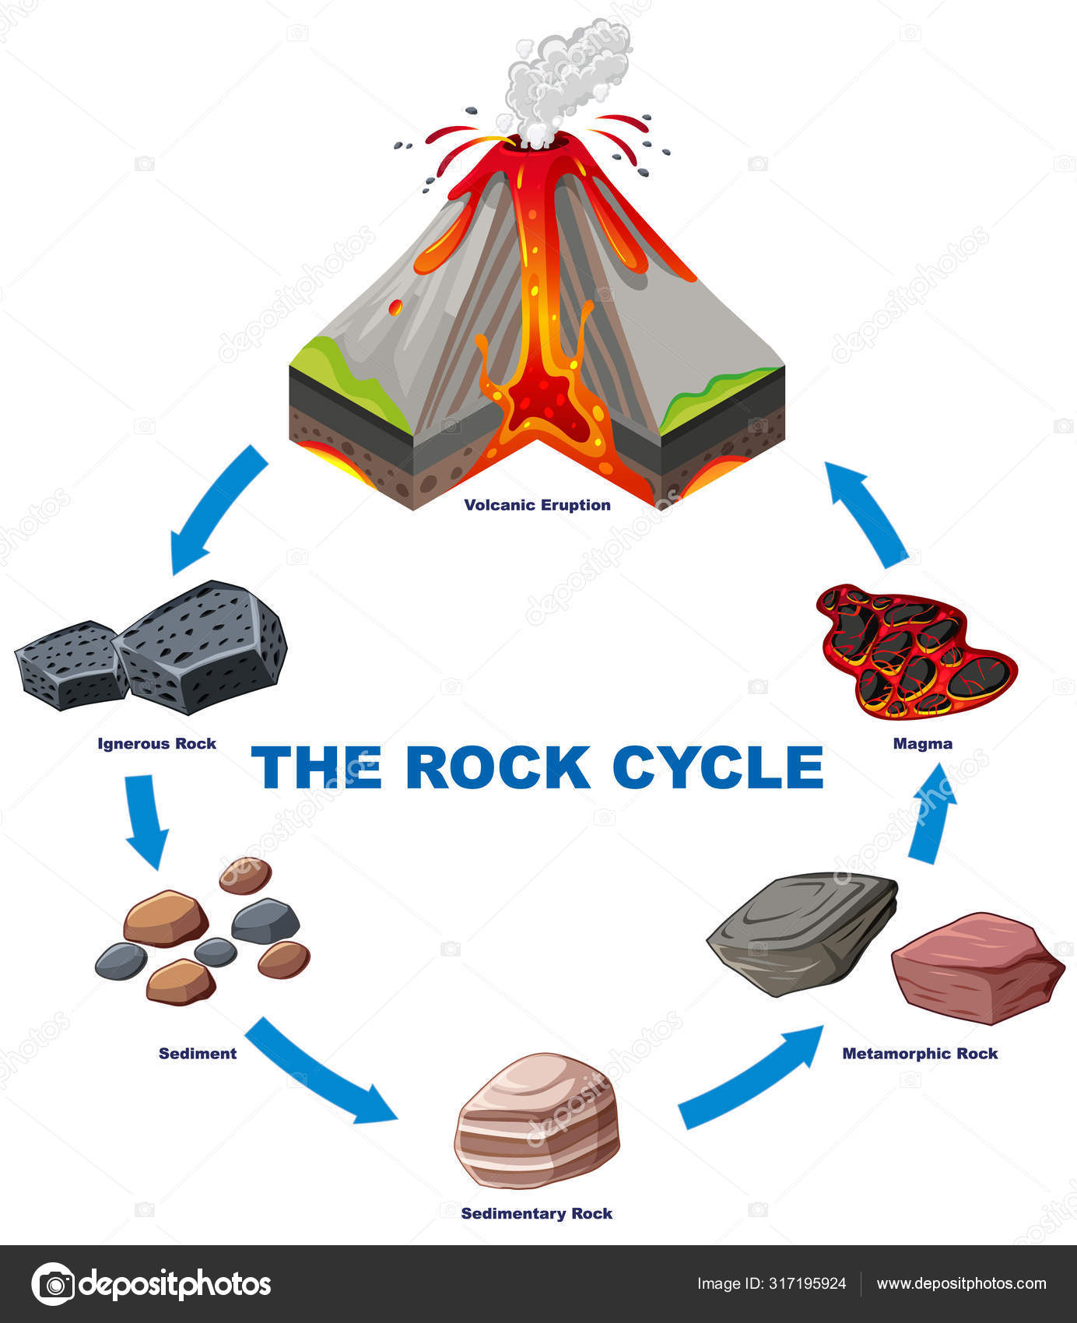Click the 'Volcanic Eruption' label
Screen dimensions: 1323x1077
[x=537, y=505]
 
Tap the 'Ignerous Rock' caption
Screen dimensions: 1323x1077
[x=156, y=743]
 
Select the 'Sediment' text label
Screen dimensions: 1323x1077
[x=198, y=1053]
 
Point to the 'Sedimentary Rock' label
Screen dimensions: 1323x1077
[x=536, y=1213]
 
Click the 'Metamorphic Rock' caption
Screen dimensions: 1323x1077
[x=920, y=1053]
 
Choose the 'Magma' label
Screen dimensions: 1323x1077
[x=922, y=743]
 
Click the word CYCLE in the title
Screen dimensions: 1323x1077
[x=717, y=767]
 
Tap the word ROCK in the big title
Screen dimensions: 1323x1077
[x=498, y=767]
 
